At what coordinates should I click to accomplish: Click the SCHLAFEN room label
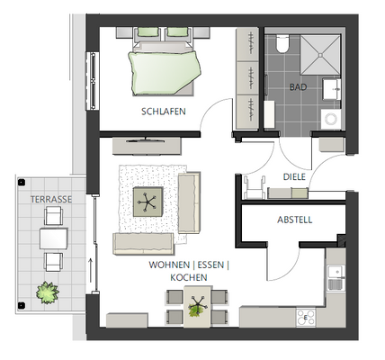point(163,112)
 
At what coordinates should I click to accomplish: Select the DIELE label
point(295,176)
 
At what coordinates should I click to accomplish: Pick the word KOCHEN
point(190,278)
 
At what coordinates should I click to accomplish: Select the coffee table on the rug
point(148,202)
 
